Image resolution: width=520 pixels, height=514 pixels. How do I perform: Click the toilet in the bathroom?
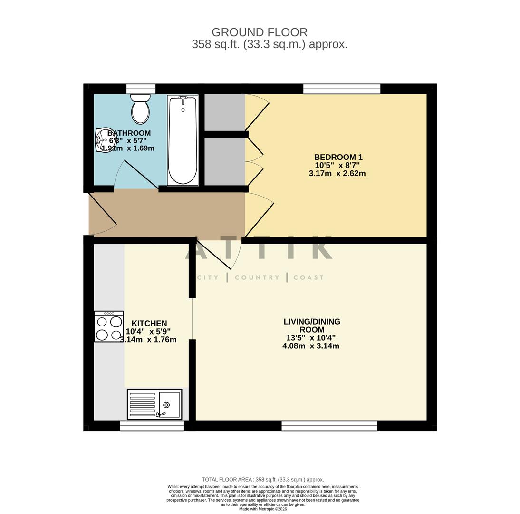[140, 109]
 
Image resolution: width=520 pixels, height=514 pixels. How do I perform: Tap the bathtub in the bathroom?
[183, 140]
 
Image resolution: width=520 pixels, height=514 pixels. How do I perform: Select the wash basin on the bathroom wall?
[102, 140]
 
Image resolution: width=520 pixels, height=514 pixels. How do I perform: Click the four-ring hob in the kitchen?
[109, 326]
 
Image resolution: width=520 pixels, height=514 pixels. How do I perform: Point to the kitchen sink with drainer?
[154, 405]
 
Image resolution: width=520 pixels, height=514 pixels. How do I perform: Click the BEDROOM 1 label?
[338, 157]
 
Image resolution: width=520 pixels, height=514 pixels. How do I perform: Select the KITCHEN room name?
[149, 323]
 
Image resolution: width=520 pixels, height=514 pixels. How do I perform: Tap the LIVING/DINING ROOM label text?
[312, 326]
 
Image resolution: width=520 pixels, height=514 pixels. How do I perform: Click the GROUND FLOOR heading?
[260, 32]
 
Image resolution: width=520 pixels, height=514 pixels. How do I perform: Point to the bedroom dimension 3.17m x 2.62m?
[337, 173]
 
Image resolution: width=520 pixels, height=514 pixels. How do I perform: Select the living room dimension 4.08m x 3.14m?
[311, 346]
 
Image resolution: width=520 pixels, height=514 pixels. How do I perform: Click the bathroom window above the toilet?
[141, 89]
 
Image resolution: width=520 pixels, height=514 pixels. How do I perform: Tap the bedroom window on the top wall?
[342, 89]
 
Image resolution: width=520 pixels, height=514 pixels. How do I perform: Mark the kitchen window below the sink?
[152, 426]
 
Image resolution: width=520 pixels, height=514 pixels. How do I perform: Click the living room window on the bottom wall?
[329, 426]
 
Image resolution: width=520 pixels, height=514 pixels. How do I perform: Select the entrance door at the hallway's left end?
[102, 214]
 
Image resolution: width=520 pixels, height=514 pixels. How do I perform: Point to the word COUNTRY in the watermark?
[257, 277]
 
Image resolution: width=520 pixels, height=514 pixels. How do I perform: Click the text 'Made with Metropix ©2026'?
[263, 509]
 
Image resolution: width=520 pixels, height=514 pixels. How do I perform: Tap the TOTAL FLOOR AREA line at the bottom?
[263, 480]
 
